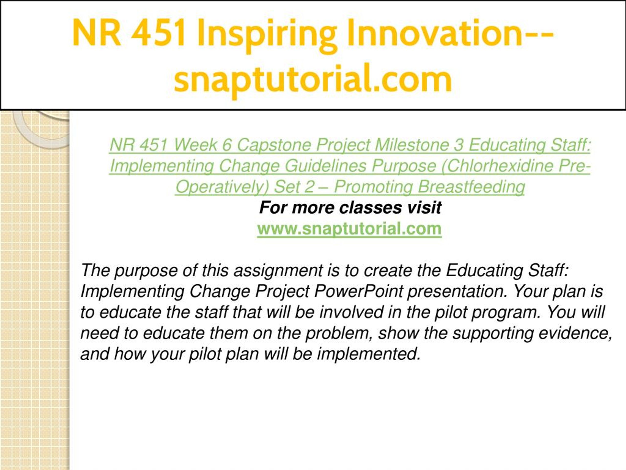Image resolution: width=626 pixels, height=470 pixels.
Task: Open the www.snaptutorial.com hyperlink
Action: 349,229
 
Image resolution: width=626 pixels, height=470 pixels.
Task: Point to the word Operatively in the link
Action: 222,187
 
